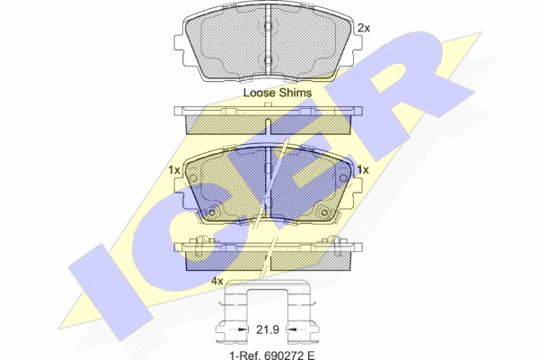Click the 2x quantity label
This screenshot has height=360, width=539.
pyautogui.click(x=364, y=28)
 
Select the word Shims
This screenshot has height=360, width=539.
pyautogui.click(x=296, y=93)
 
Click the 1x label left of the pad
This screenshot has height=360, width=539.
pyautogui.click(x=174, y=170)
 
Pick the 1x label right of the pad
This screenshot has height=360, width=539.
pyautogui.click(x=363, y=170)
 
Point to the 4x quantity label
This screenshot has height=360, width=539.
pyautogui.click(x=216, y=282)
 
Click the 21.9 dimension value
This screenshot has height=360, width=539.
pyautogui.click(x=267, y=329)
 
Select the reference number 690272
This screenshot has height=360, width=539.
pyautogui.click(x=283, y=355)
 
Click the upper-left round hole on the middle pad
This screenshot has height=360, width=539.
pyautogui.click(x=193, y=178)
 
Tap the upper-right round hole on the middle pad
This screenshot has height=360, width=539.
pyautogui.click(x=343, y=178)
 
